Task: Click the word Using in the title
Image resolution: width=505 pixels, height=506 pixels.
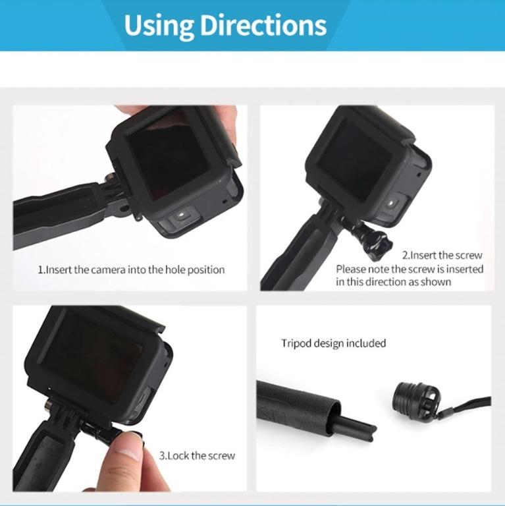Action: [x=158, y=25]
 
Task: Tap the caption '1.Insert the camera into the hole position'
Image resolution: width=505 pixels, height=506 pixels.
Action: [x=131, y=269]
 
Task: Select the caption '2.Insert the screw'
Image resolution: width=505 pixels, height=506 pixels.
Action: [x=442, y=255]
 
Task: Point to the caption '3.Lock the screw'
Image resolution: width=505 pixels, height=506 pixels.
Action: [x=197, y=455]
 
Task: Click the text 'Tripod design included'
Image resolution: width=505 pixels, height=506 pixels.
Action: [x=333, y=343]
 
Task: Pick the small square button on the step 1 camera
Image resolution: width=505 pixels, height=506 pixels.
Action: [x=182, y=215]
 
